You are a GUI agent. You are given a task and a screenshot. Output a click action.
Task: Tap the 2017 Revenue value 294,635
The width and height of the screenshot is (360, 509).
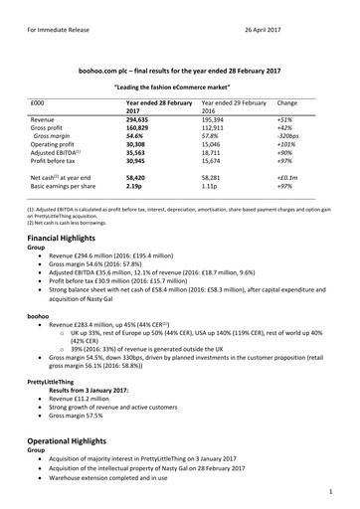pos(143,117)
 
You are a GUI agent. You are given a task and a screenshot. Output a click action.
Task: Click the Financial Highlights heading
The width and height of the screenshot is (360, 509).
pos(68,241)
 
